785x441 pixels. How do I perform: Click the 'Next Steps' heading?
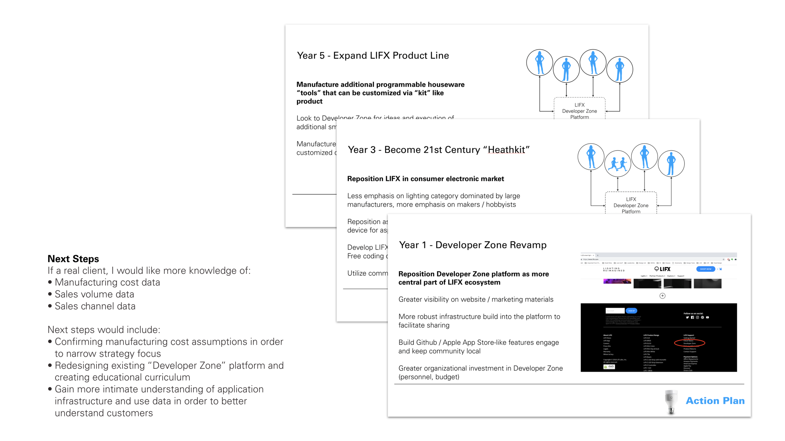pyautogui.click(x=73, y=259)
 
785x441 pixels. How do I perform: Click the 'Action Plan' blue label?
pyautogui.click(x=715, y=401)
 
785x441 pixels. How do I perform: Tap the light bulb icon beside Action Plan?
pyautogui.click(x=671, y=402)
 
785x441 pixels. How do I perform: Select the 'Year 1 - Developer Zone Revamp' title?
pyautogui.click(x=473, y=245)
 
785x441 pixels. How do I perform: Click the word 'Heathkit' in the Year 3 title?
pyautogui.click(x=506, y=150)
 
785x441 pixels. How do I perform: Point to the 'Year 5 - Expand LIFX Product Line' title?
pyautogui.click(x=373, y=56)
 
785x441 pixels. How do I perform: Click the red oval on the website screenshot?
pyautogui.click(x=690, y=343)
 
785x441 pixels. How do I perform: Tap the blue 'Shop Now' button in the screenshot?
pyautogui.click(x=706, y=269)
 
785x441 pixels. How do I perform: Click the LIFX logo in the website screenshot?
pyautogui.click(x=663, y=269)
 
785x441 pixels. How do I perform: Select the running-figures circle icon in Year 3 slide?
pyautogui.click(x=618, y=164)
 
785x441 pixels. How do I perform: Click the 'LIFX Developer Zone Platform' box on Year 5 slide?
pyautogui.click(x=579, y=110)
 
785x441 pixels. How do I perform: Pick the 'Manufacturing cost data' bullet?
pyautogui.click(x=107, y=282)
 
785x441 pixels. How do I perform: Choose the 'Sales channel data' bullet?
pyautogui.click(x=95, y=306)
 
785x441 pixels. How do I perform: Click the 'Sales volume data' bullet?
pyautogui.click(x=94, y=294)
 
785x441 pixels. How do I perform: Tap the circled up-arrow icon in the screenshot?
pyautogui.click(x=662, y=296)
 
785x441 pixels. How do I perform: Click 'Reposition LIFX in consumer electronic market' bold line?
pyautogui.click(x=425, y=179)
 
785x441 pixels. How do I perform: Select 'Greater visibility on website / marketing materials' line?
pyautogui.click(x=476, y=300)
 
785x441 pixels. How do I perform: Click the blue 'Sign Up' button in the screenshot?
pyautogui.click(x=631, y=311)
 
